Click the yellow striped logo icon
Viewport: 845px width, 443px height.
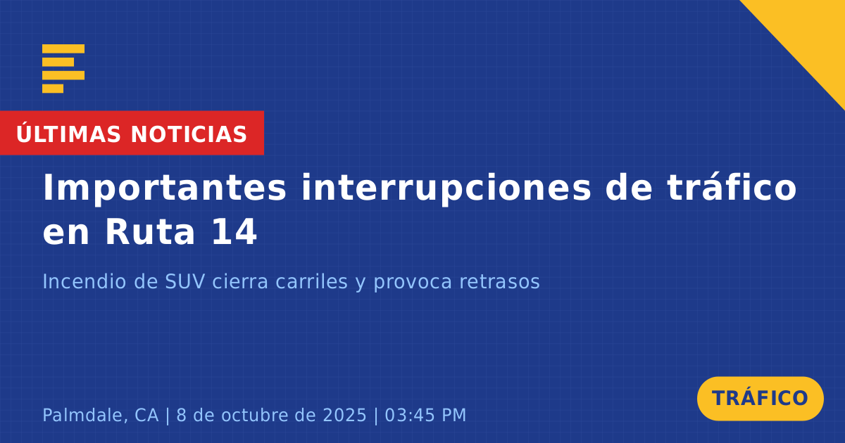[x=63, y=69]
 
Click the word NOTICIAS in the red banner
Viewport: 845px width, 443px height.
[x=189, y=134]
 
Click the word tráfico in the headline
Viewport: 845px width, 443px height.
[x=732, y=187]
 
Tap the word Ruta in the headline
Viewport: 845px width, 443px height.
[x=150, y=232]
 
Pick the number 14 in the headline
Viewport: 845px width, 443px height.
[x=234, y=232]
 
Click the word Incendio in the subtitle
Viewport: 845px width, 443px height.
[x=84, y=281]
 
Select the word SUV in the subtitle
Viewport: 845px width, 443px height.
[x=185, y=282]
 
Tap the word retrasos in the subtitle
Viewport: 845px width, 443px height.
[x=499, y=283]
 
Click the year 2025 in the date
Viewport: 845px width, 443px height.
[x=345, y=415]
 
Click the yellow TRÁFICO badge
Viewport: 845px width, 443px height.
[x=760, y=399]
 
